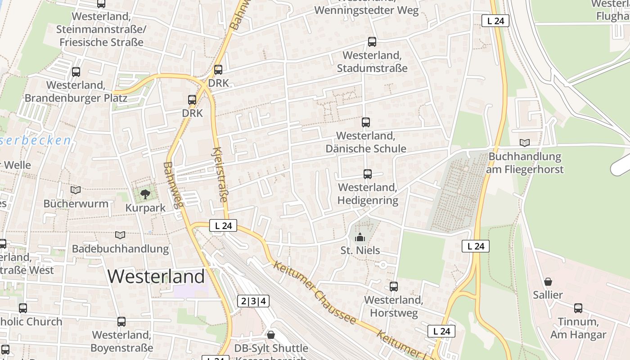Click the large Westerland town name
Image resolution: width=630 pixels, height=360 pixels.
[156, 276]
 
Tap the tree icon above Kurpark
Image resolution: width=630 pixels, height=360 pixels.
[145, 194]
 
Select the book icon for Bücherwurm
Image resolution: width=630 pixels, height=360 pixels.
[76, 190]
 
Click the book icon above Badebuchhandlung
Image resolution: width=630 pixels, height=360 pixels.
[120, 235]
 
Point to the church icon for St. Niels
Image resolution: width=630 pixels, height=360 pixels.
[360, 237]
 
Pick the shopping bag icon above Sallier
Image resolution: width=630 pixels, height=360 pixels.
[548, 282]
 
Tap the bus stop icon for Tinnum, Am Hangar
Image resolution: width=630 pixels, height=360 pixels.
[578, 308]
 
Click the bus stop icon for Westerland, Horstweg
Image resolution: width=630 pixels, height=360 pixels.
[394, 286]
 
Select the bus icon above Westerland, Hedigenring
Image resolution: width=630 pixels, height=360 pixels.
[368, 174]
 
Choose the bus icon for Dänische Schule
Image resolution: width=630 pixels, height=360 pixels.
[366, 122]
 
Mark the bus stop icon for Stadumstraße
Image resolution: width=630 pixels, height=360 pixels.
[372, 42]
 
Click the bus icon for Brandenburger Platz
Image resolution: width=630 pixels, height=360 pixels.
[76, 72]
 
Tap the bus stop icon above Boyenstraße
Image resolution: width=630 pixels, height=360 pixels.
[121, 322]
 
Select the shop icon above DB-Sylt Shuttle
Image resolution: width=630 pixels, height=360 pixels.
[271, 335]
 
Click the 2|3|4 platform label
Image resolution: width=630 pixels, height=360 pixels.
[253, 301]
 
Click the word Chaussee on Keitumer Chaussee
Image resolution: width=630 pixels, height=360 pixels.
[334, 306]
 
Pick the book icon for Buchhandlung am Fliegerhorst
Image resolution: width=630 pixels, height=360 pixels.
[524, 143]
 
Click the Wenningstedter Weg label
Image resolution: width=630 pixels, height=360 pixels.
[366, 10]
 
